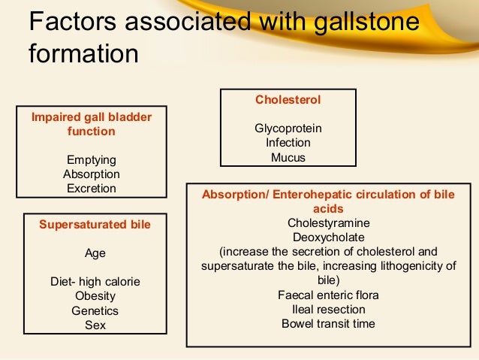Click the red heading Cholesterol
pyautogui.click(x=288, y=99)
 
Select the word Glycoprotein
pyautogui.click(x=288, y=129)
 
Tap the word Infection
pyautogui.click(x=288, y=143)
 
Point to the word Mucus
pyautogui.click(x=288, y=158)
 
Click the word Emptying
pyautogui.click(x=92, y=160)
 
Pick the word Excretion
pyautogui.click(x=92, y=189)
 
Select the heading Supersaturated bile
pyautogui.click(x=95, y=224)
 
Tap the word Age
pyautogui.click(x=95, y=253)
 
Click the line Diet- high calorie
pyautogui.click(x=95, y=282)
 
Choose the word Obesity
pyautogui.click(x=95, y=296)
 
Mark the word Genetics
pyautogui.click(x=95, y=310)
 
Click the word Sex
pyautogui.click(x=95, y=325)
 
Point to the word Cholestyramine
pyautogui.click(x=328, y=222)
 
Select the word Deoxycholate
pyautogui.click(x=328, y=237)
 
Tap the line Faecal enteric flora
pyautogui.click(x=328, y=295)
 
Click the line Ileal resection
pyautogui.click(x=328, y=309)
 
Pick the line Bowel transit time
pyautogui.click(x=328, y=324)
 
